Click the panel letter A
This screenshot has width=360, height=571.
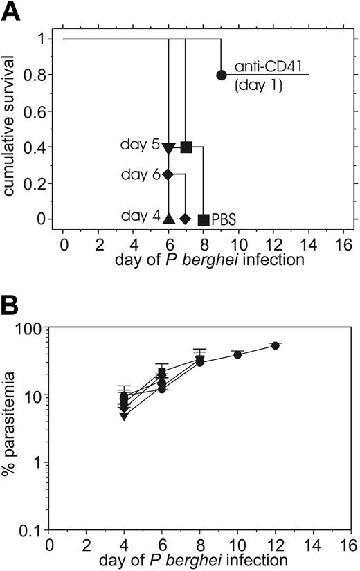pyautogui.click(x=12, y=12)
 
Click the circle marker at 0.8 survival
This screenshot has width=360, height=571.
pyautogui.click(x=221, y=75)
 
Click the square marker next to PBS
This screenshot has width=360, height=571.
pyautogui.click(x=204, y=219)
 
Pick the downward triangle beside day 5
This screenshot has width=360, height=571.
pyautogui.click(x=168, y=147)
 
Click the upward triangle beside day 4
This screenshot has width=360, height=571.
pyautogui.click(x=168, y=219)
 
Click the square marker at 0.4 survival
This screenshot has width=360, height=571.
pyautogui.click(x=186, y=147)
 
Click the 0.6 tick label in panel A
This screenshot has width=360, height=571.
pyautogui.click(x=39, y=111)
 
